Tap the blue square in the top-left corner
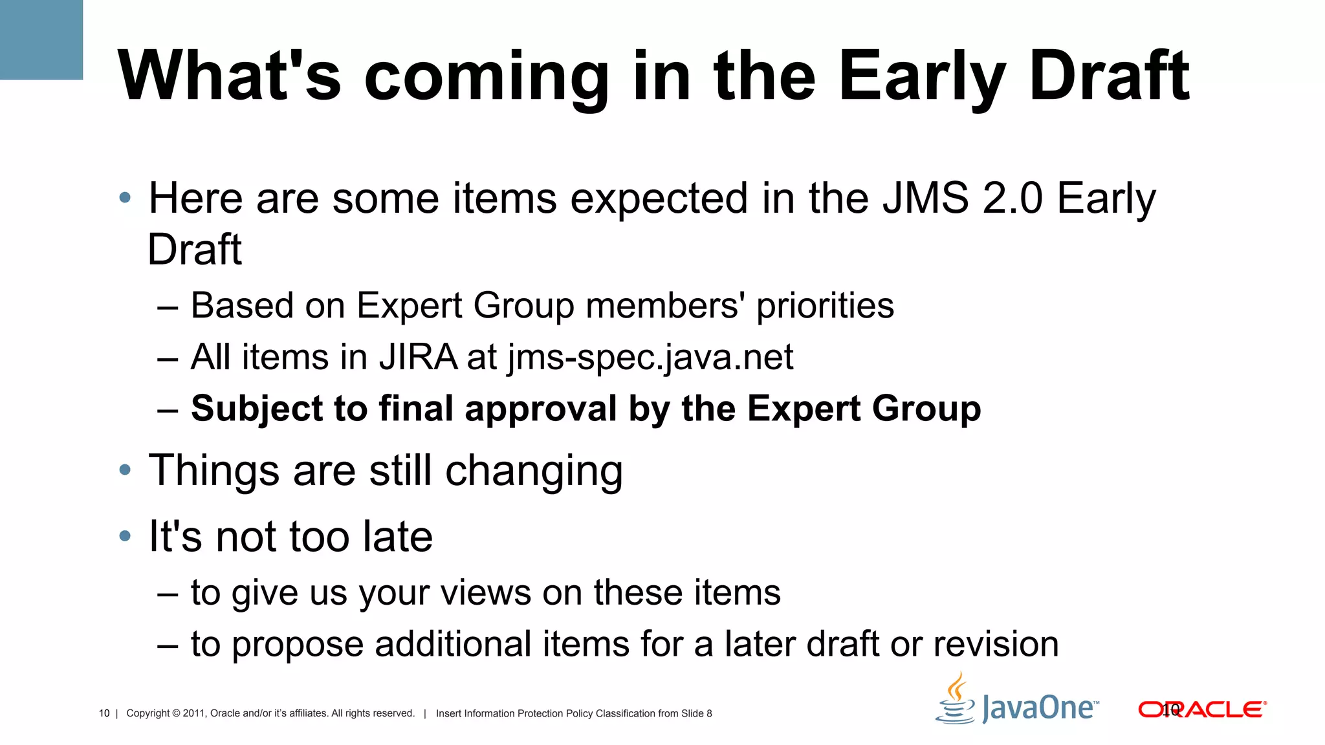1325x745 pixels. (41, 39)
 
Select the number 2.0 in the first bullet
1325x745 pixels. (1013, 198)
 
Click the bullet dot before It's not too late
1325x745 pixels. (125, 535)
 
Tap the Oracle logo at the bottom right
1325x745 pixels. (1202, 709)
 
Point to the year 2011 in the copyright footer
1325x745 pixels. (193, 713)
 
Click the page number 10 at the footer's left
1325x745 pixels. (104, 713)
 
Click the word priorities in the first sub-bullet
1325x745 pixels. (825, 306)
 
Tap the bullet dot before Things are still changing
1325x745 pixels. (125, 470)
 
